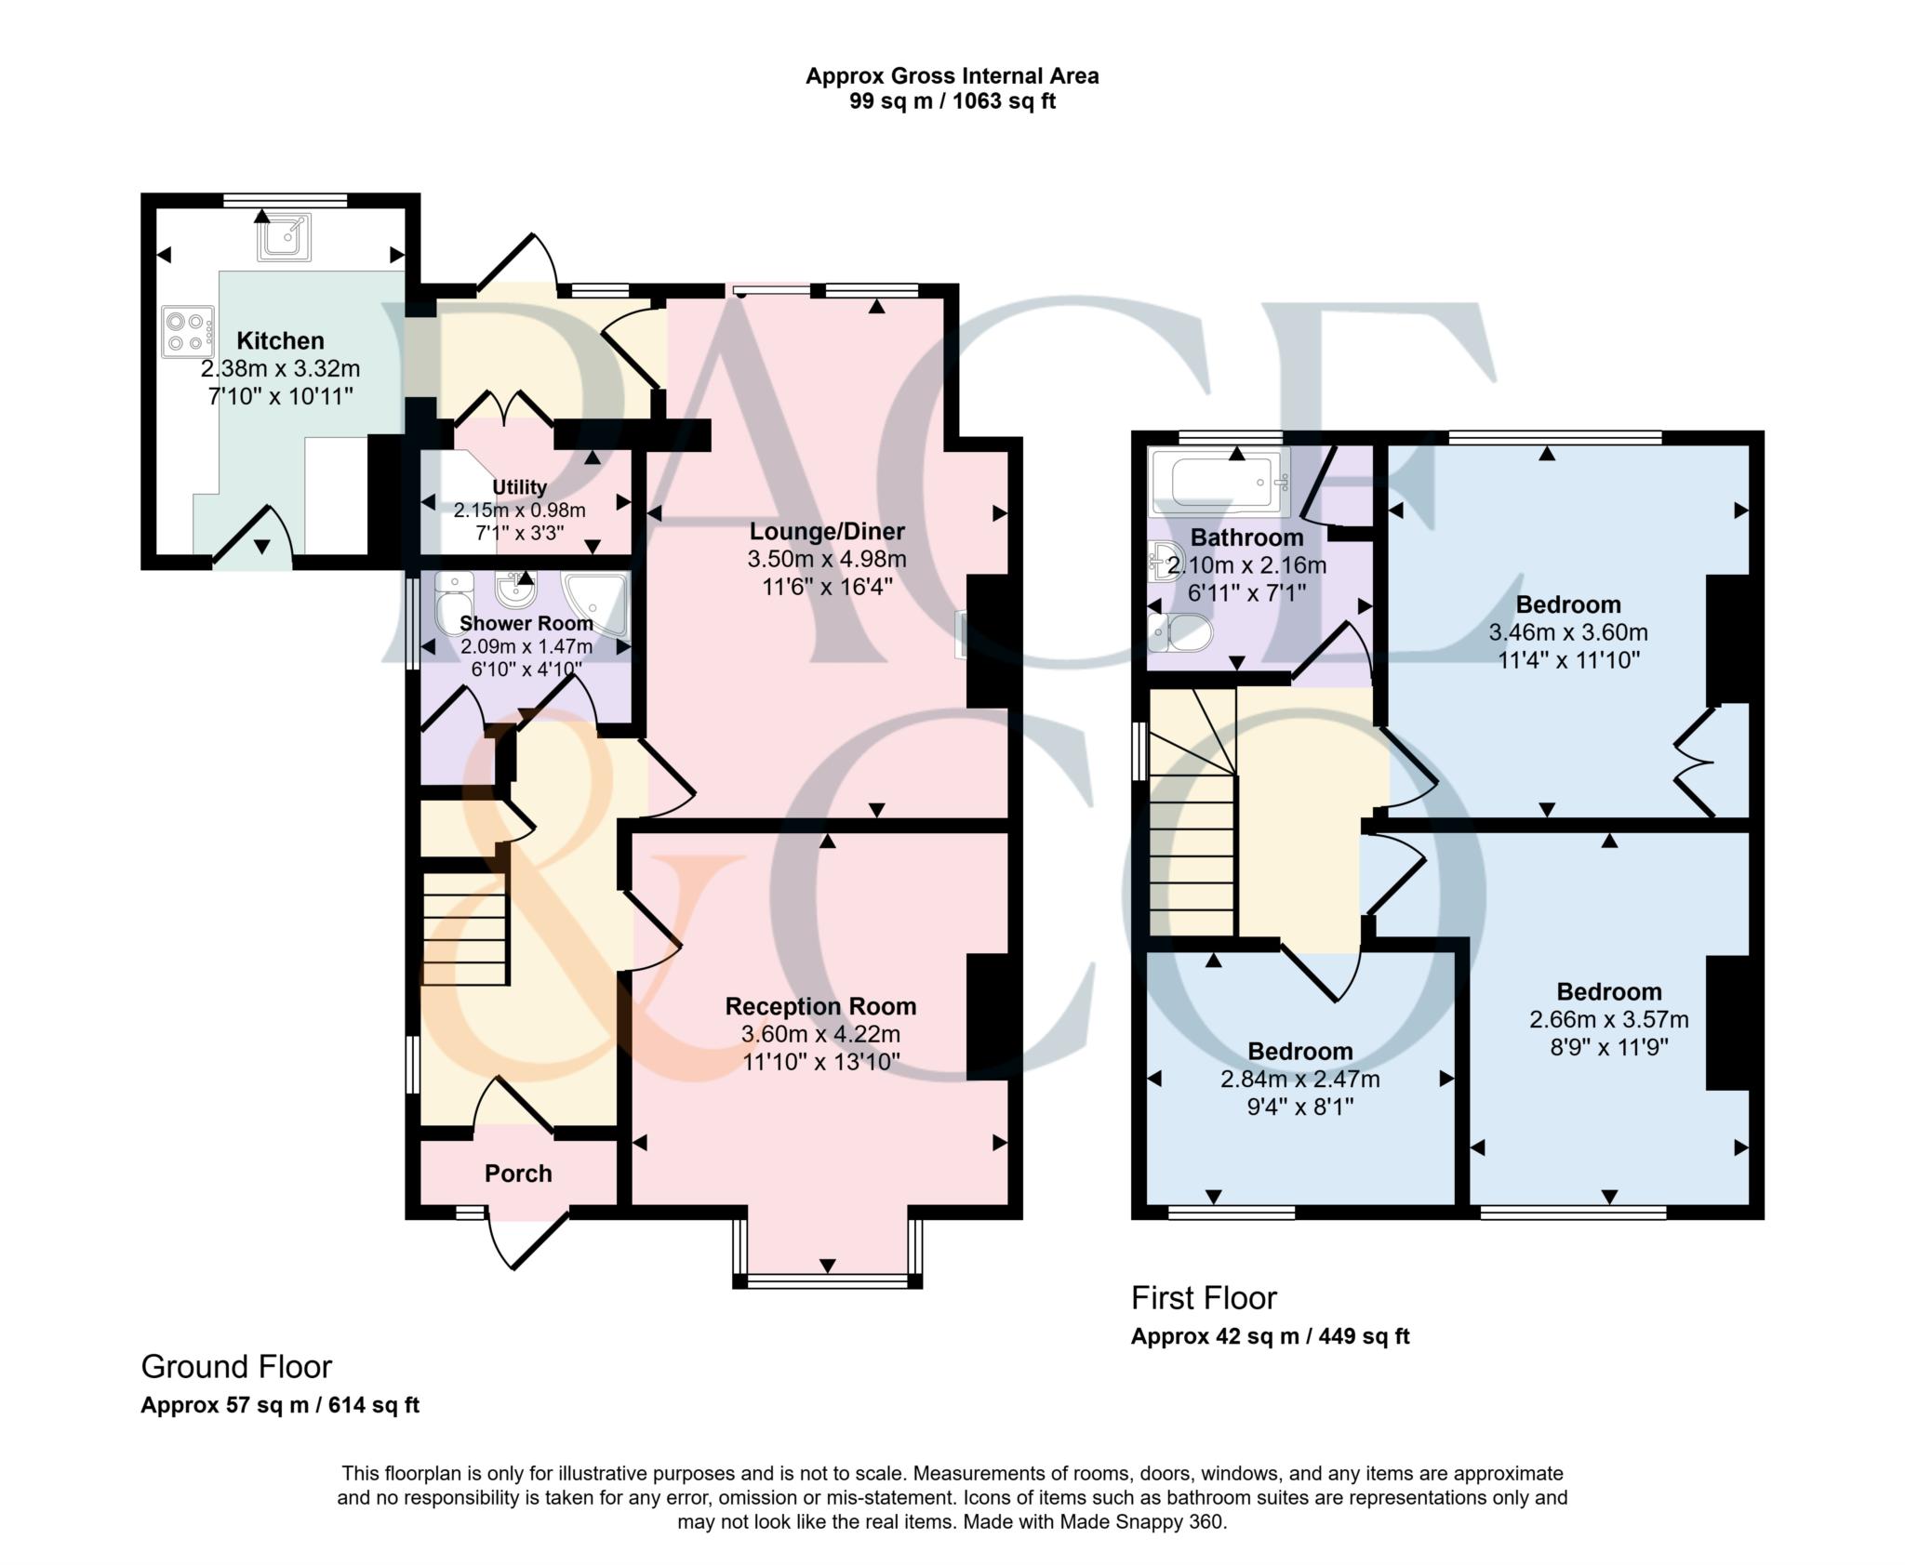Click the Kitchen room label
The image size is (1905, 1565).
point(280,340)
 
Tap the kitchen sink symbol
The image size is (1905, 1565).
point(284,237)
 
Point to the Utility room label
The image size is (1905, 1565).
point(519,487)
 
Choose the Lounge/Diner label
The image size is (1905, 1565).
point(827,532)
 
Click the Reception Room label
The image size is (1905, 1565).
point(820,1006)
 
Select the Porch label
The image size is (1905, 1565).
point(518,1174)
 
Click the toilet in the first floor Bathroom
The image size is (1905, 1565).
point(1179,633)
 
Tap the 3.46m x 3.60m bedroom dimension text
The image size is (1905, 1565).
point(1568,633)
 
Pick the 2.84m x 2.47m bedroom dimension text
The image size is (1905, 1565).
point(1299,1080)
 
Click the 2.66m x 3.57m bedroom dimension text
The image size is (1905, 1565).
point(1609,1020)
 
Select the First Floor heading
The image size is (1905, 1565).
point(1204,1297)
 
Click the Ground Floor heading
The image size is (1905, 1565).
point(236,1366)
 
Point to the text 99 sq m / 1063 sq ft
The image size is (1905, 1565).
point(952,101)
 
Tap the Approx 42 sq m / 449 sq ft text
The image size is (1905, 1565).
point(1270,1336)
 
